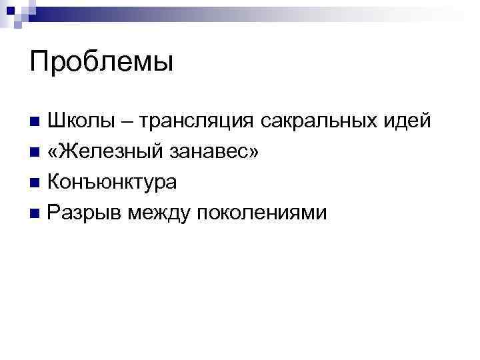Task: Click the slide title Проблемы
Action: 101,63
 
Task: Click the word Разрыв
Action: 83,213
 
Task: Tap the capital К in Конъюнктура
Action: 55,182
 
